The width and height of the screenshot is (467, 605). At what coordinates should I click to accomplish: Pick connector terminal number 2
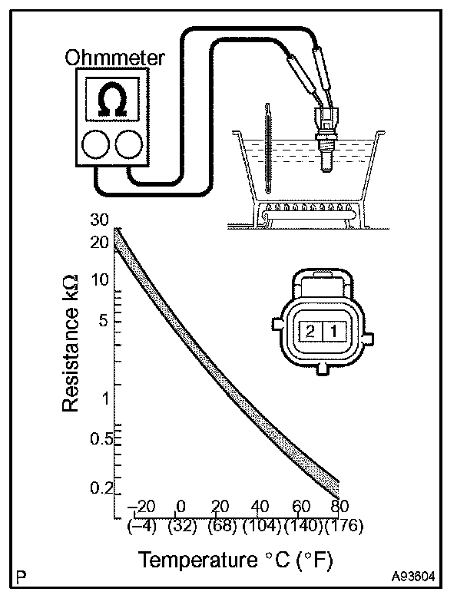pos(310,332)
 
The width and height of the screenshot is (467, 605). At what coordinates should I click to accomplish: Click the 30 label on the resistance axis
pos(100,219)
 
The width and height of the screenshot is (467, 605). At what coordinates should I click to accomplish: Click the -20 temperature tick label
pos(141,507)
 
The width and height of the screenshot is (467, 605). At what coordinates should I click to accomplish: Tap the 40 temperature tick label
pos(260,507)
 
